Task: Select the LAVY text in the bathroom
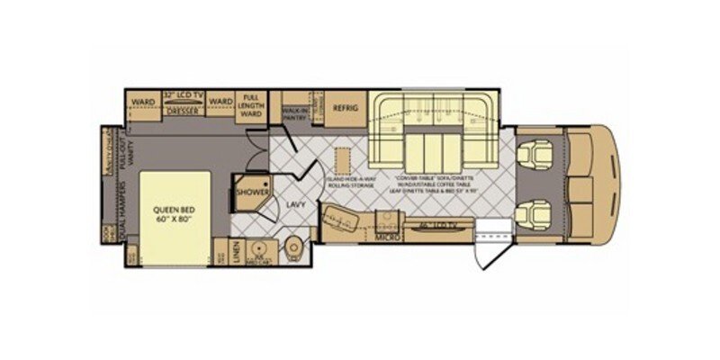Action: coord(295,204)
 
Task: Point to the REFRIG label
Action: coord(346,108)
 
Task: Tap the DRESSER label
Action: coord(183,112)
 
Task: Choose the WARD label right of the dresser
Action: coord(220,101)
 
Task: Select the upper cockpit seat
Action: coord(538,155)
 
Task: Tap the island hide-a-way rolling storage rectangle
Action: coord(341,161)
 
